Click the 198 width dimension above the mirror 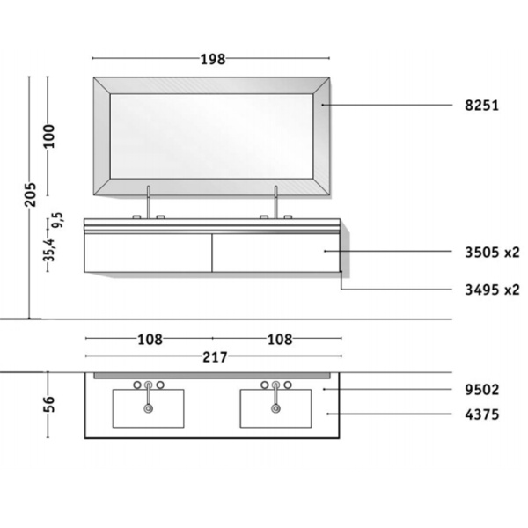click(x=212, y=59)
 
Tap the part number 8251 click(x=482, y=106)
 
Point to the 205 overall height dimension click(x=30, y=194)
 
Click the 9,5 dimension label click(x=56, y=220)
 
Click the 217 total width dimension click(x=214, y=356)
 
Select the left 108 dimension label click(x=149, y=338)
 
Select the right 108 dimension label click(x=278, y=338)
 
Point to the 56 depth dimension click(x=49, y=404)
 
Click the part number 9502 click(x=482, y=388)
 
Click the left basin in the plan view click(x=149, y=409)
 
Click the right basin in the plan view click(x=275, y=409)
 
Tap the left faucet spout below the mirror click(x=149, y=202)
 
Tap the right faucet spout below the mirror click(x=275, y=202)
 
